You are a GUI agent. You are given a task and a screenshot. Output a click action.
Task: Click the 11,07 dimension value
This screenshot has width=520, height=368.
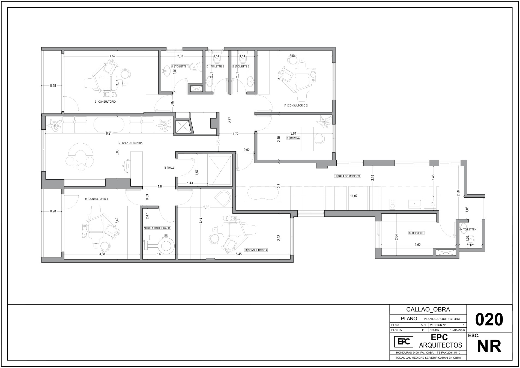click(354, 196)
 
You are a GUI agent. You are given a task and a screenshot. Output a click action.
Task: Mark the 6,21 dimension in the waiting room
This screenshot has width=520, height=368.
click(109, 133)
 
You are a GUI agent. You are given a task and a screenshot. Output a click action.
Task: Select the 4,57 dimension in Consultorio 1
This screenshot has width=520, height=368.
click(112, 56)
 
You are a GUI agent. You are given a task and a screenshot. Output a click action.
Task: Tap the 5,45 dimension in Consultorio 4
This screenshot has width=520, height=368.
click(238, 254)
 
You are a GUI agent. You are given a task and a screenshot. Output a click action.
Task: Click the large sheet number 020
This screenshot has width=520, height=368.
click(489, 319)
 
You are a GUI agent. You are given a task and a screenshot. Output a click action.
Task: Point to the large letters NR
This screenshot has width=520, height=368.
click(489, 346)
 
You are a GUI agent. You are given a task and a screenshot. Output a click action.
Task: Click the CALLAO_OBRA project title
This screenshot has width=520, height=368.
click(428, 309)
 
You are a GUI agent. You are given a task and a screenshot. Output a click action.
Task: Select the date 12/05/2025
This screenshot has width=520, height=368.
click(458, 330)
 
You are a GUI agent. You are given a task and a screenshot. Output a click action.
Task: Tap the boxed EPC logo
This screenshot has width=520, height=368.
click(404, 342)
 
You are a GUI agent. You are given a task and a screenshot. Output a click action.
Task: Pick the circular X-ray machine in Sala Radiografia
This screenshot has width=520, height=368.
click(166, 246)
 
